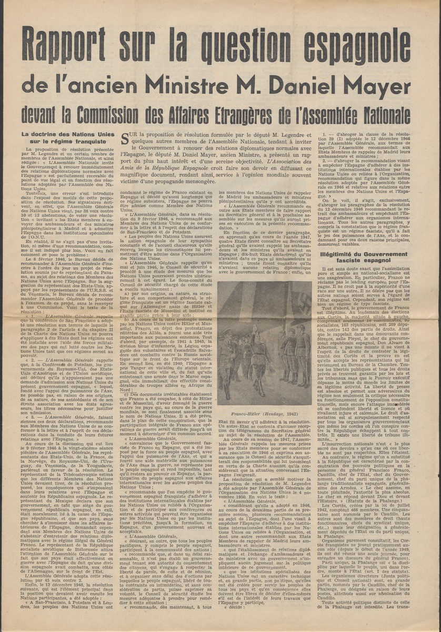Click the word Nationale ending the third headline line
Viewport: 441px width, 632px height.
click(x=384, y=112)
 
